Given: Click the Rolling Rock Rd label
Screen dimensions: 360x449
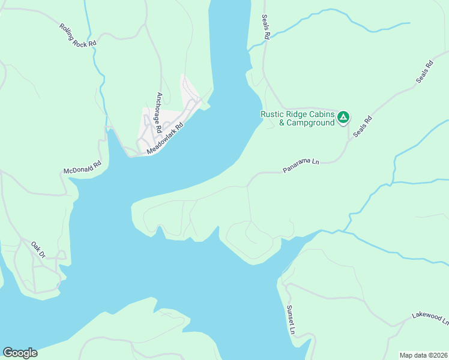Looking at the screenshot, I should (x=77, y=35).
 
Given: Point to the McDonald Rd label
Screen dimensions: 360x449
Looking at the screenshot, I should (x=83, y=167).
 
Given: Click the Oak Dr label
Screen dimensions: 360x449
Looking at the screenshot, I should (x=39, y=250).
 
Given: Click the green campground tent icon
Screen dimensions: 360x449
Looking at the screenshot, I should (x=343, y=117).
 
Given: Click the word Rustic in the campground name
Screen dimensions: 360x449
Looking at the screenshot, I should (x=273, y=114).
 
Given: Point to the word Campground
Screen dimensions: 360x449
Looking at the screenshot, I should (x=310, y=123).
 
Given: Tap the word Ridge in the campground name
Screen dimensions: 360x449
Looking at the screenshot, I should (x=298, y=114).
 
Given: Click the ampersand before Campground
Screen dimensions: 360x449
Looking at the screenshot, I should (x=282, y=123).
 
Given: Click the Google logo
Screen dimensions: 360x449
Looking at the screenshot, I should (x=20, y=353).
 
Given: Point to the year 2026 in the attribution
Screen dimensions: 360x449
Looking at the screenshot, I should (x=440, y=355).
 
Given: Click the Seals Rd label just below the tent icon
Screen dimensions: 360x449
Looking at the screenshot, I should (x=363, y=127).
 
